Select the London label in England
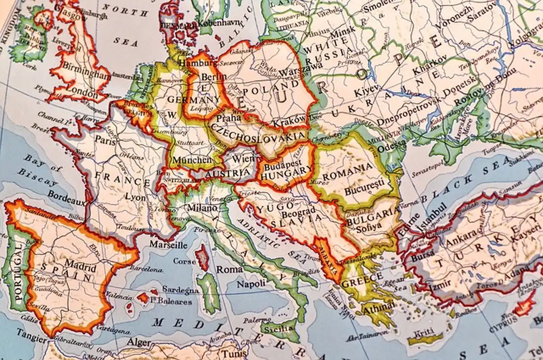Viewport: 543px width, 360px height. coord(81,95)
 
